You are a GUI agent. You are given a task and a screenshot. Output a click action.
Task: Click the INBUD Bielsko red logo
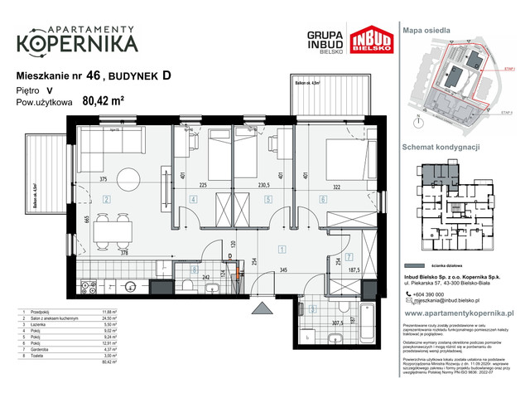[371, 42]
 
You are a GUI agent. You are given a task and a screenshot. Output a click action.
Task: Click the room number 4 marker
[193, 199]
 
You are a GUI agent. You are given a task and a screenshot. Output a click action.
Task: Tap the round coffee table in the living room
[128, 177]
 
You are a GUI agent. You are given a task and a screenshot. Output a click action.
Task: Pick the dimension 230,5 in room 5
[263, 187]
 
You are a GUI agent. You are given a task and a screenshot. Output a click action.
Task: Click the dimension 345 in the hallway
[282, 271]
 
